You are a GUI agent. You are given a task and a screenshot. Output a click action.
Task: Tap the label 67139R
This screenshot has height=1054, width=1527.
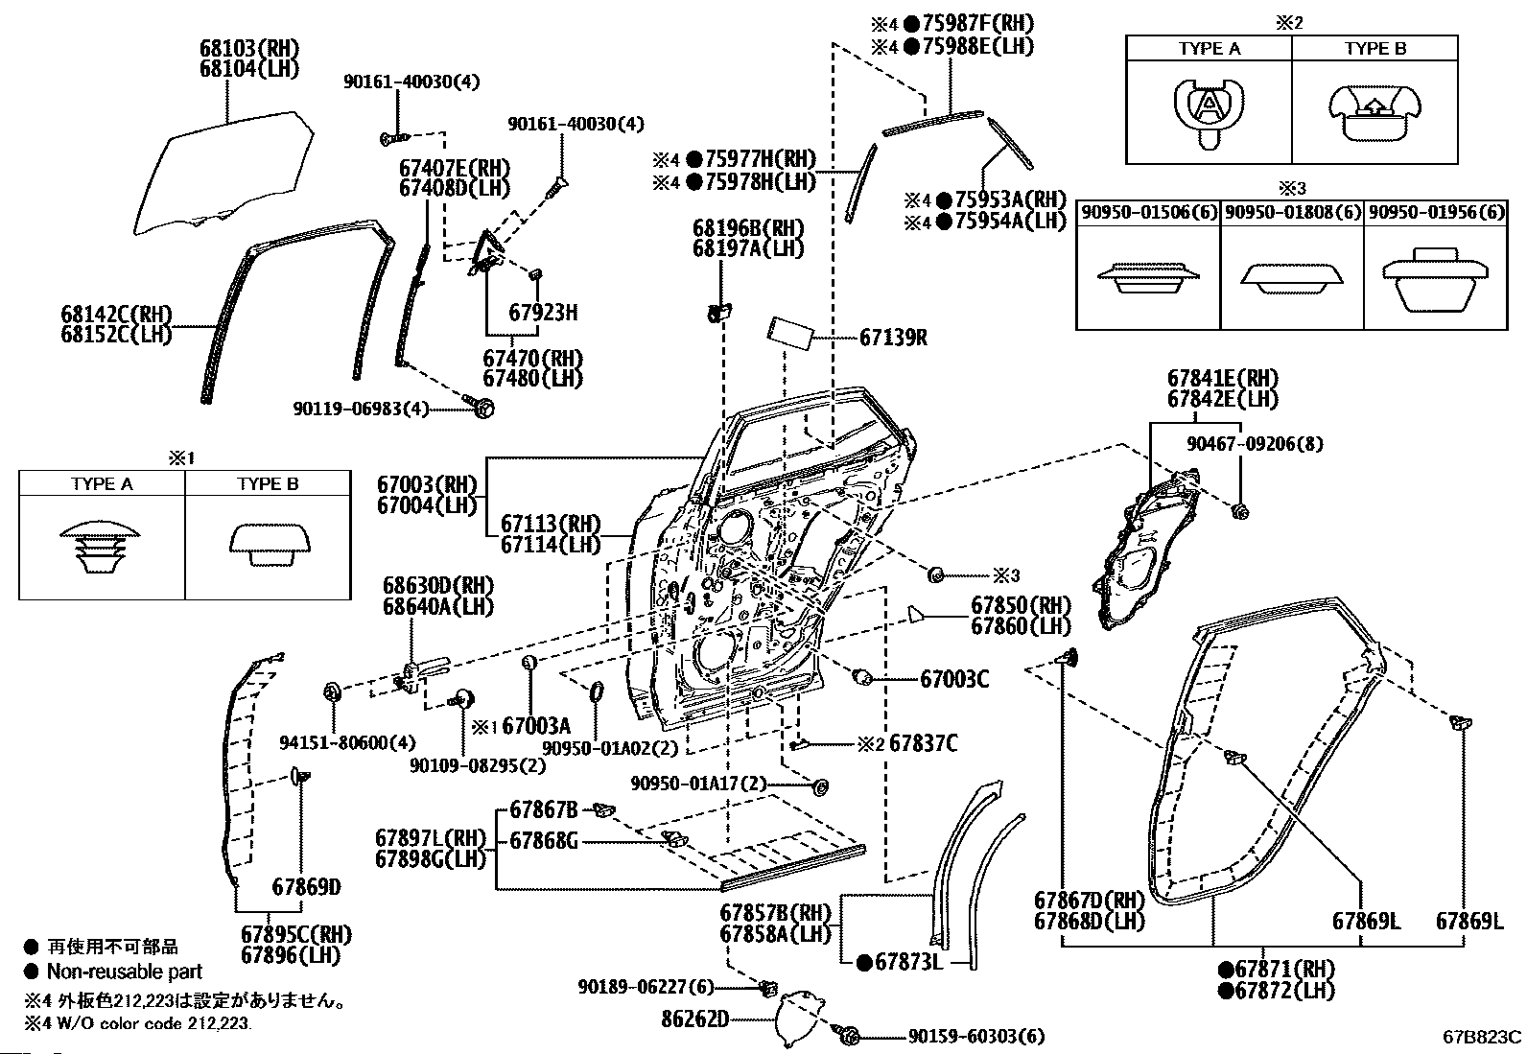click(893, 338)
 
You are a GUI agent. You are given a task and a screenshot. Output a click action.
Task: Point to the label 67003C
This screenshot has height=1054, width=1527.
click(954, 680)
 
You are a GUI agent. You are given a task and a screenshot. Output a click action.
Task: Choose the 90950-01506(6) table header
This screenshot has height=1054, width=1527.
click(1148, 212)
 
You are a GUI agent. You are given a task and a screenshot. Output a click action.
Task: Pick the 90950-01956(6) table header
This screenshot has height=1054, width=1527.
click(1435, 212)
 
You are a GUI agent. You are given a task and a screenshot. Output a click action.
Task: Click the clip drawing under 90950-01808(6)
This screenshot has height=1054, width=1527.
click(1290, 277)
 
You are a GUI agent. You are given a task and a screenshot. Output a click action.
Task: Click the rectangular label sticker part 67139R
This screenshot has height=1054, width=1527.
click(789, 337)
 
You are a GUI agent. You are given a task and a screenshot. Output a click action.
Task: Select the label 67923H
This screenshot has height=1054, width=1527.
click(543, 313)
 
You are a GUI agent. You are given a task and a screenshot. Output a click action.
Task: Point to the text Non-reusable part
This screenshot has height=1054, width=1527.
click(125, 972)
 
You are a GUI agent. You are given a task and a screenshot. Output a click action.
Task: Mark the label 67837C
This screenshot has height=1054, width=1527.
click(923, 743)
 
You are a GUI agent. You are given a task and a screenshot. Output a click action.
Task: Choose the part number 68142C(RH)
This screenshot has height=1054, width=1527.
click(115, 314)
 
